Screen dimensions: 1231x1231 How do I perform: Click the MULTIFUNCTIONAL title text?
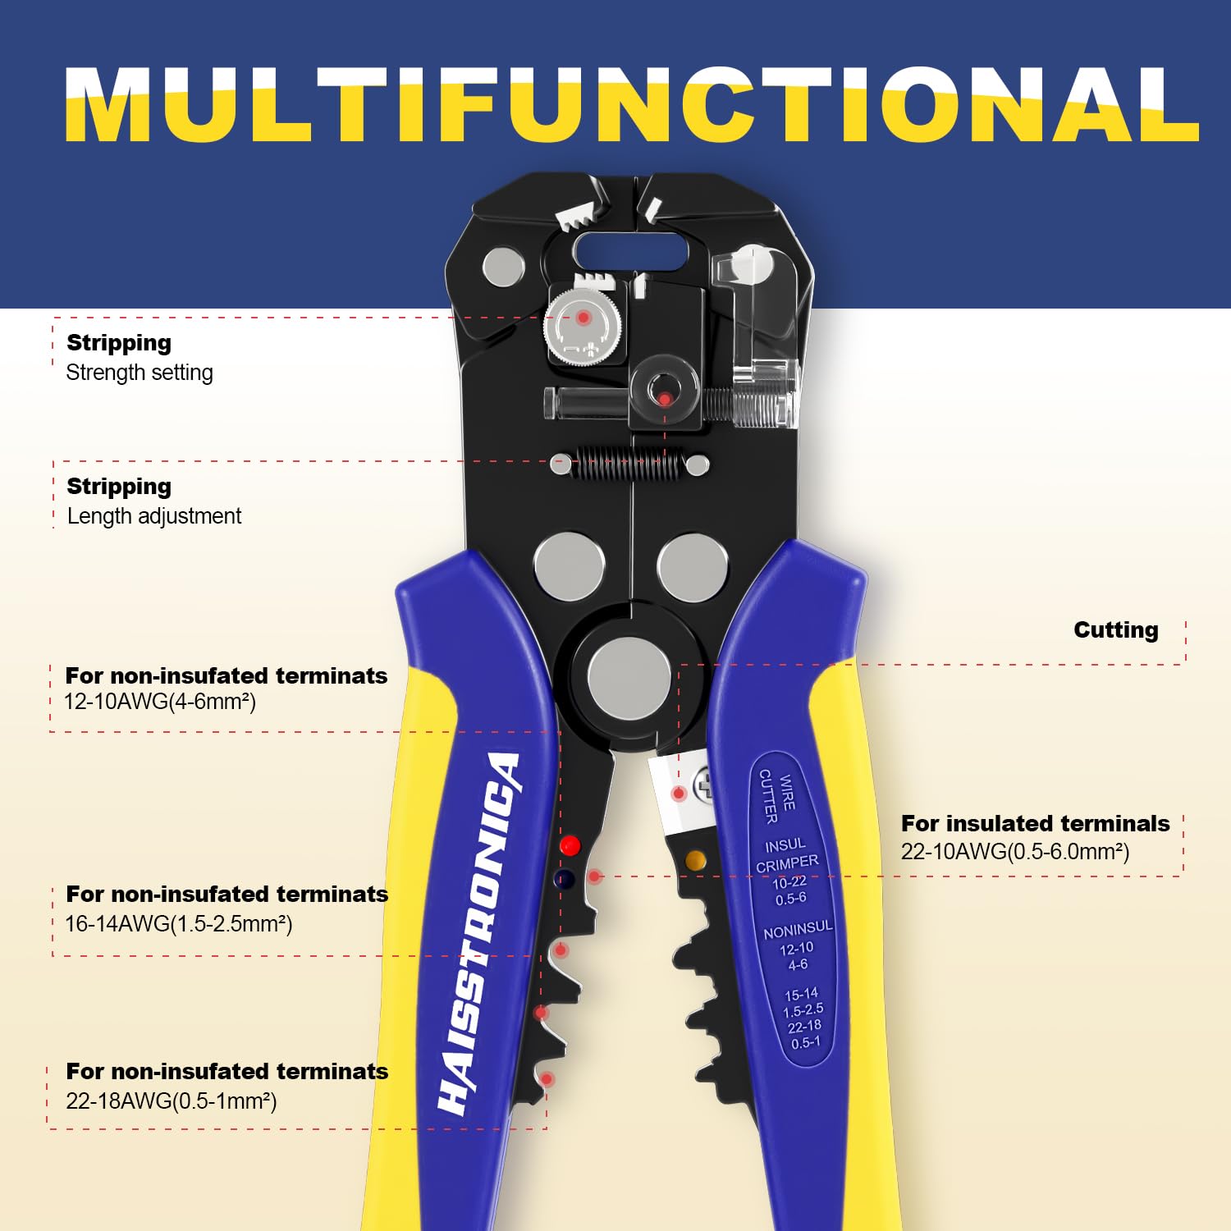[x=632, y=105]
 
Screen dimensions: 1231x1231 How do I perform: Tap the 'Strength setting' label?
[x=140, y=373]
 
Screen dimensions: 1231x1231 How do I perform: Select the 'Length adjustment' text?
[x=154, y=516]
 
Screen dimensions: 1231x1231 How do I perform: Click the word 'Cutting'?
[x=1115, y=629]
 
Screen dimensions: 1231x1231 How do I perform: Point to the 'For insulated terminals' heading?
[x=1035, y=823]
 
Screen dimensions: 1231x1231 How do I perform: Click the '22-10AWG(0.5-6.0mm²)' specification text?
[x=1015, y=852]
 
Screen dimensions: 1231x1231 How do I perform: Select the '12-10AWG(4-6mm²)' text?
[x=160, y=702]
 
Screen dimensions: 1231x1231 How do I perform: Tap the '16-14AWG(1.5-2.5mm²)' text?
[x=178, y=924]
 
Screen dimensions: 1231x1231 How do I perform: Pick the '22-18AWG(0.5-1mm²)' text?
[x=171, y=1101]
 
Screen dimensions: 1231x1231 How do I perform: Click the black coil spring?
[x=629, y=464]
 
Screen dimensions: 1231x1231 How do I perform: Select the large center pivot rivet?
[x=629, y=679]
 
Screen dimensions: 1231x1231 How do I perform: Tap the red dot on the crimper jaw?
[x=570, y=845]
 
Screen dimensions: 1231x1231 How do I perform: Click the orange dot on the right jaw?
[x=695, y=860]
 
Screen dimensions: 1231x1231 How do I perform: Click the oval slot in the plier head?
[x=630, y=251]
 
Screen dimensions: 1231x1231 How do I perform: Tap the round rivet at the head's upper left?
[x=503, y=268]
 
